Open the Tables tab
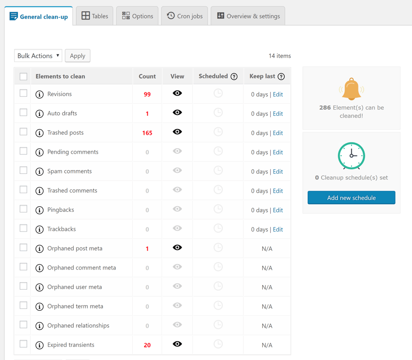point(95,16)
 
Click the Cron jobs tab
point(184,16)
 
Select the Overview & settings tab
point(248,16)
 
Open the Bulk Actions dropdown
point(38,56)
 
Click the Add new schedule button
point(351,198)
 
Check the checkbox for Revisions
point(23,93)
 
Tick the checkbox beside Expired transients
point(23,344)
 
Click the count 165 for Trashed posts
point(147,133)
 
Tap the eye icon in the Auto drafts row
point(177,112)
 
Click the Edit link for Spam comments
point(278,172)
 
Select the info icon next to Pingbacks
point(39,210)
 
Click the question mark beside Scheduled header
point(234,76)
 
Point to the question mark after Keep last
point(281,76)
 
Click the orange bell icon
point(351,90)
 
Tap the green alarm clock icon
point(351,156)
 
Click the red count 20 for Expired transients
point(147,345)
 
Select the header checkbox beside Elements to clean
point(23,76)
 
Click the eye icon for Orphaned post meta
point(177,247)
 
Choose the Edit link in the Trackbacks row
point(278,230)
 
